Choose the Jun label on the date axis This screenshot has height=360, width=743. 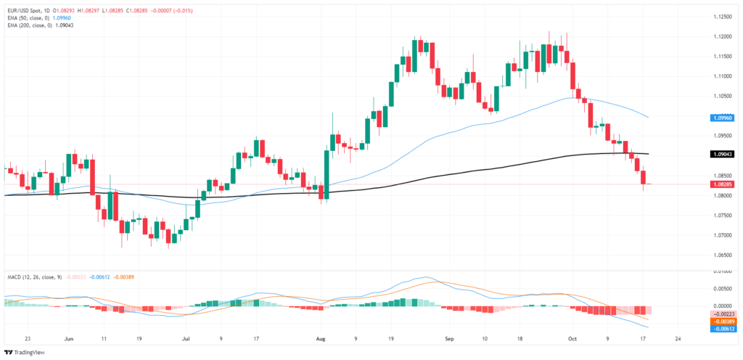click(70, 338)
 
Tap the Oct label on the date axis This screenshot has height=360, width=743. click(571, 338)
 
